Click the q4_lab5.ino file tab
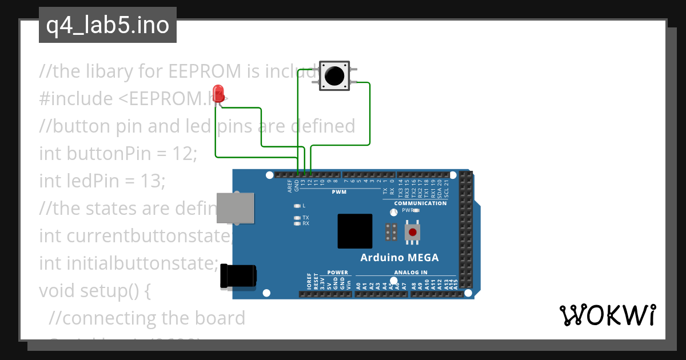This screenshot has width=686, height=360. point(107,26)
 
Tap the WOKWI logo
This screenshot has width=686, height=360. point(607,315)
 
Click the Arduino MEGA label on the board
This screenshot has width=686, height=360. point(399,258)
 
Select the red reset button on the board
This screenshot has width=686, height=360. point(412,232)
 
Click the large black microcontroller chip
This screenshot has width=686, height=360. point(354,231)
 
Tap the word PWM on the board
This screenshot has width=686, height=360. point(339,192)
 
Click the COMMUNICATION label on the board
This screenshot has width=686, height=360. point(420,203)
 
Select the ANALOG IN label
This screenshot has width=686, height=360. point(410,273)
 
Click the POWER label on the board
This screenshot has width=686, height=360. point(337,273)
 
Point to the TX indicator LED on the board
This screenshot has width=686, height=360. point(297,218)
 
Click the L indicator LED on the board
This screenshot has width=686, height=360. point(297,206)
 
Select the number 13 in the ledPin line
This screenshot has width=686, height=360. point(152,181)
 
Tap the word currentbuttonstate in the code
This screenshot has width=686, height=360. point(149,236)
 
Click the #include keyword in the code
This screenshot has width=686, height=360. point(76,99)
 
